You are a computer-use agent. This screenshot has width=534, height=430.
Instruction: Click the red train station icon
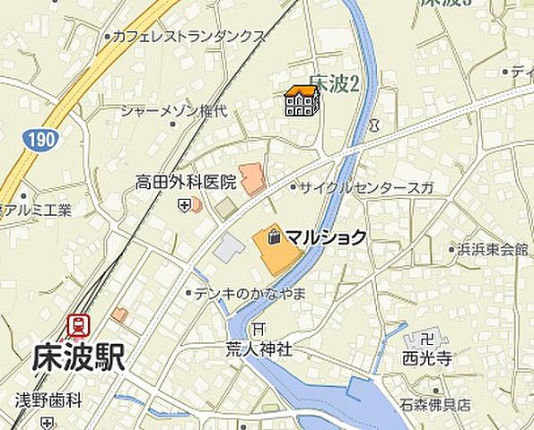pyautogui.click(x=80, y=326)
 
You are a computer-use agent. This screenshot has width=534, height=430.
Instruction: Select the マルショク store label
pyautogui.click(x=326, y=237)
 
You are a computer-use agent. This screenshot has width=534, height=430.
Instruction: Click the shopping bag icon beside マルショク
pyautogui.click(x=272, y=237)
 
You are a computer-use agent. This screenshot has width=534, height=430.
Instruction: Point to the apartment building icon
pyautogui.click(x=302, y=101)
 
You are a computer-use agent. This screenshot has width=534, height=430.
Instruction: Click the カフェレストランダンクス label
pyautogui.click(x=188, y=37)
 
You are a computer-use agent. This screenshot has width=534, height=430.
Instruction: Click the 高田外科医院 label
pyautogui.click(x=186, y=182)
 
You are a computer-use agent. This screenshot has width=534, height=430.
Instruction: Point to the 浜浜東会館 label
pyautogui.click(x=491, y=249)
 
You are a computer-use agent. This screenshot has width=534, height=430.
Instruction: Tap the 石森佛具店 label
pyautogui.click(x=436, y=405)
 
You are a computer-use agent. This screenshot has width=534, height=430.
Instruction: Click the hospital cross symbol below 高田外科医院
pyautogui.click(x=184, y=205)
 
